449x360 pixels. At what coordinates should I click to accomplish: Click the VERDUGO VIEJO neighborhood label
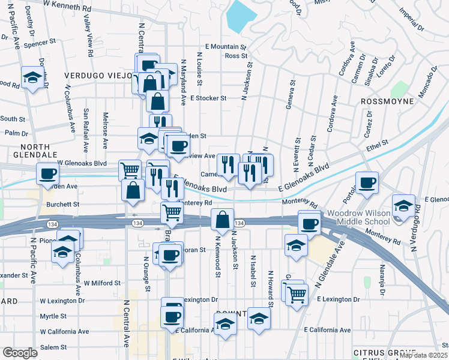pyautogui.click(x=95, y=76)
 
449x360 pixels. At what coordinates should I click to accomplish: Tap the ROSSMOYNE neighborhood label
pyautogui.click(x=388, y=101)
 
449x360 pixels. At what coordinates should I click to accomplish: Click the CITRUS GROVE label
pyautogui.click(x=384, y=352)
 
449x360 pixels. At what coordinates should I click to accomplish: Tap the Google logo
pyautogui.click(x=20, y=353)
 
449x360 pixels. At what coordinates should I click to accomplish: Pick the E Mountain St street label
pyautogui.click(x=226, y=46)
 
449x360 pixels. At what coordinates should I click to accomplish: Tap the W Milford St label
pyautogui.click(x=102, y=283)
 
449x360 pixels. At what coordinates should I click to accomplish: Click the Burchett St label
pyautogui.click(x=62, y=205)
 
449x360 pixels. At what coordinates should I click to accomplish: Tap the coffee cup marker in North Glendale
pyautogui.click(x=47, y=174)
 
